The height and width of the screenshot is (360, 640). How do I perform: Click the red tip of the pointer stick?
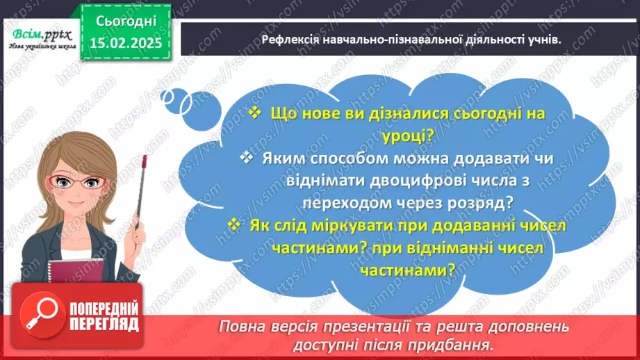pos(144,162)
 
